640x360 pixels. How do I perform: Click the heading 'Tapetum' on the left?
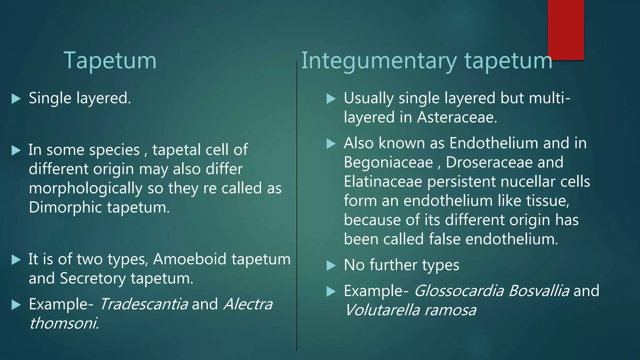coord(110,60)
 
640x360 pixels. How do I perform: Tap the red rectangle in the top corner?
coord(566,30)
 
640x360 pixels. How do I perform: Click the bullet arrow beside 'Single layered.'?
coord(16,99)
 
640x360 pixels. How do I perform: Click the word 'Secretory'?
coord(93,278)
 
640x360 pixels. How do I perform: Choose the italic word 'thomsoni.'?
coord(64,323)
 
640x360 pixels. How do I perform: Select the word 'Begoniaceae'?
coord(388,162)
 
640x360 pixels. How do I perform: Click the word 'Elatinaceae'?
coord(383,182)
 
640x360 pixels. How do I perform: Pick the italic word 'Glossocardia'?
coord(459,291)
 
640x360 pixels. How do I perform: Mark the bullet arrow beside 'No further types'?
coord(331,266)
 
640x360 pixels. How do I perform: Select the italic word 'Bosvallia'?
coord(539,291)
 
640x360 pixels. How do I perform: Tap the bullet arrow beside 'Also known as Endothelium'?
coord(331,144)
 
